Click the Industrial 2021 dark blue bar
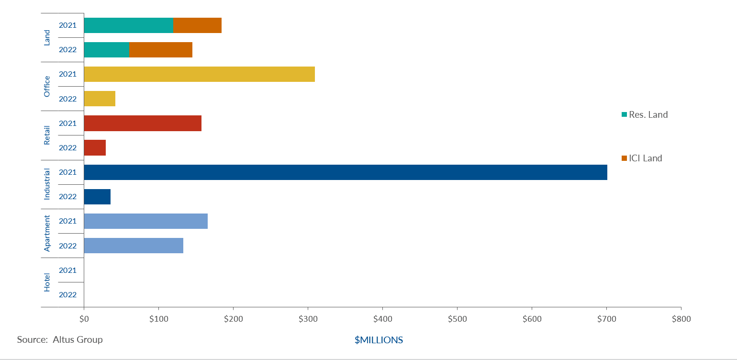click(345, 172)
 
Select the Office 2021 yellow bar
click(199, 74)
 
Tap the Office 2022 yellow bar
click(100, 99)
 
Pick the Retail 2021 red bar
click(143, 123)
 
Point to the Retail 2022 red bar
click(95, 147)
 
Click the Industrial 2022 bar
click(97, 197)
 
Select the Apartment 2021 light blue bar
click(145, 221)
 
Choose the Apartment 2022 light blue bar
click(134, 246)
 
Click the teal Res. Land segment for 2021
click(128, 25)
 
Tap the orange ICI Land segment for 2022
click(161, 50)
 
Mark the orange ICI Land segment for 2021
click(197, 25)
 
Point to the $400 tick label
click(382, 319)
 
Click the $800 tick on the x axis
click(681, 319)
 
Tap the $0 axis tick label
click(84, 319)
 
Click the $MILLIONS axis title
click(379, 340)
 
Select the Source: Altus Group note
click(60, 339)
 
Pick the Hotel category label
click(47, 282)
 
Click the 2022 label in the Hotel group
click(67, 295)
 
